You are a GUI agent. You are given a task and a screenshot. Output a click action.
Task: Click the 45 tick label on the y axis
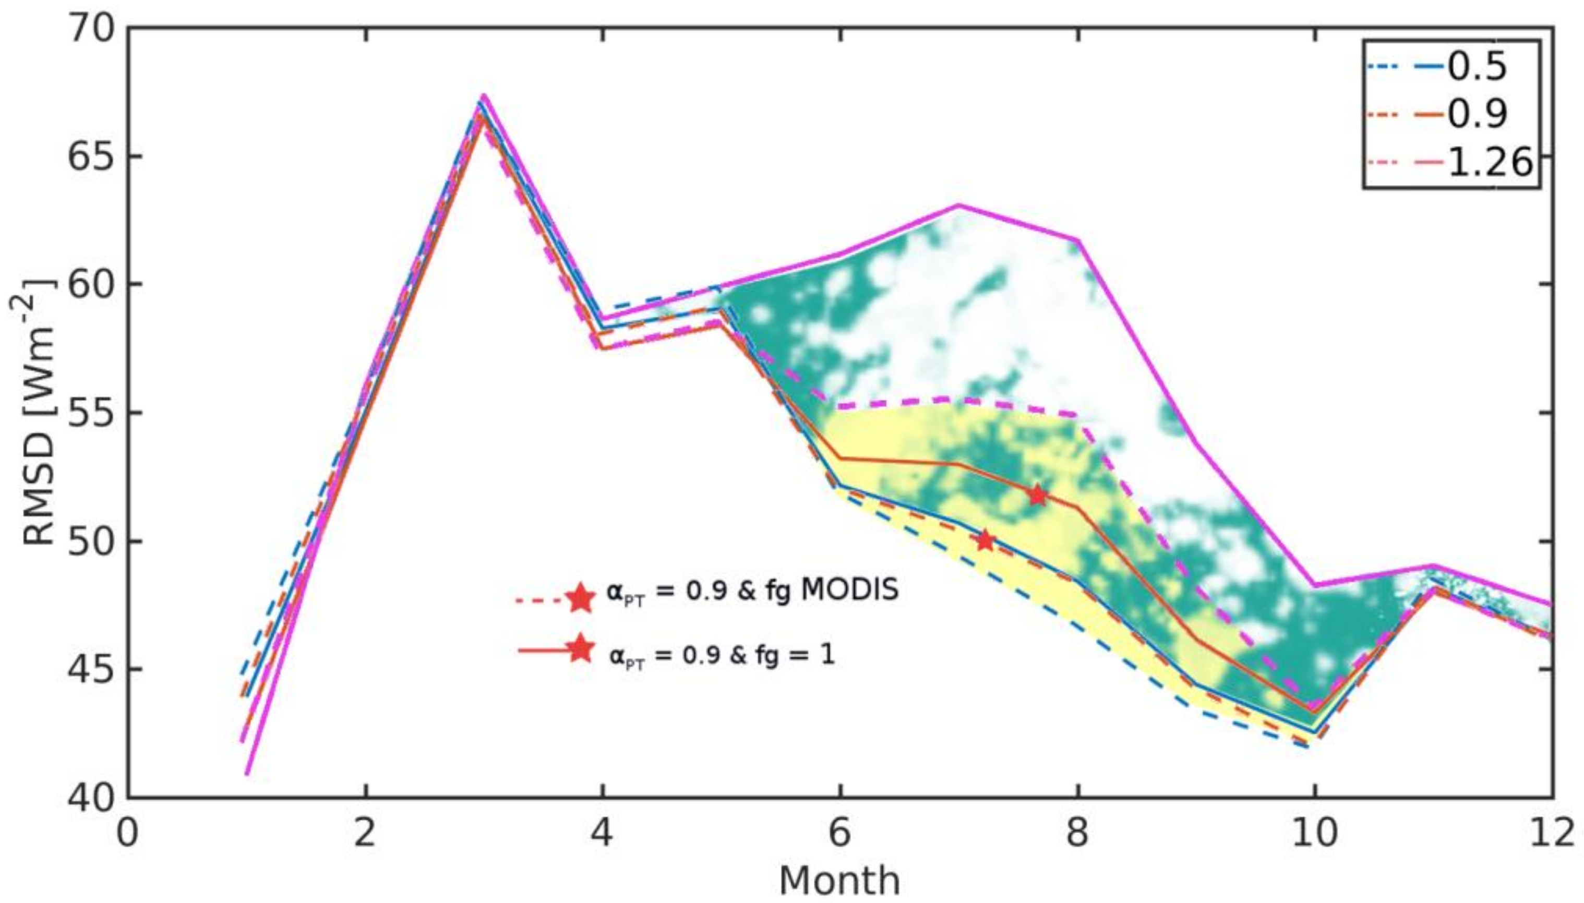(x=93, y=669)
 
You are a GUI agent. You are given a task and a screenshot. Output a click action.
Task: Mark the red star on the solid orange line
(x=1037, y=495)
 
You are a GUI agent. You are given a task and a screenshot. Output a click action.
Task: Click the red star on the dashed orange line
(x=985, y=541)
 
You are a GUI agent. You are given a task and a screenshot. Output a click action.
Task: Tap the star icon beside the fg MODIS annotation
(x=581, y=598)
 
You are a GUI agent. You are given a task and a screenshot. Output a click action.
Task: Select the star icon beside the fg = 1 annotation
(x=581, y=649)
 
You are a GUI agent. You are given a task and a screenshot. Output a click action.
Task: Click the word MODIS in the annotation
(x=850, y=591)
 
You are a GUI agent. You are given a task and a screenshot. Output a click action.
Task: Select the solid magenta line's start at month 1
(x=247, y=774)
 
